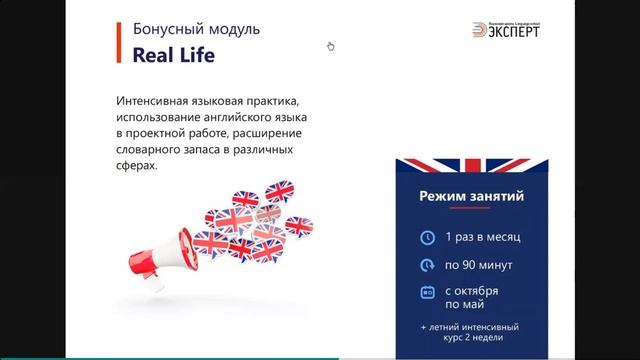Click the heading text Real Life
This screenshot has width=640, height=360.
pyautogui.click(x=174, y=57)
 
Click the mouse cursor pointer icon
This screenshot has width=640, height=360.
pyautogui.click(x=331, y=46)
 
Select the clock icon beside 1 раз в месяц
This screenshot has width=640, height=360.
pyautogui.click(x=428, y=238)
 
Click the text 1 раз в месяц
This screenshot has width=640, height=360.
pyautogui.click(x=484, y=238)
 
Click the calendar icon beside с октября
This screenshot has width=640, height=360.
pyautogui.click(x=428, y=292)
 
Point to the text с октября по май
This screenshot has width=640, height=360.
pyautogui.click(x=474, y=297)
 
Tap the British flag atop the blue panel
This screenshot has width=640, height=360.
pyautogui.click(x=471, y=165)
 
